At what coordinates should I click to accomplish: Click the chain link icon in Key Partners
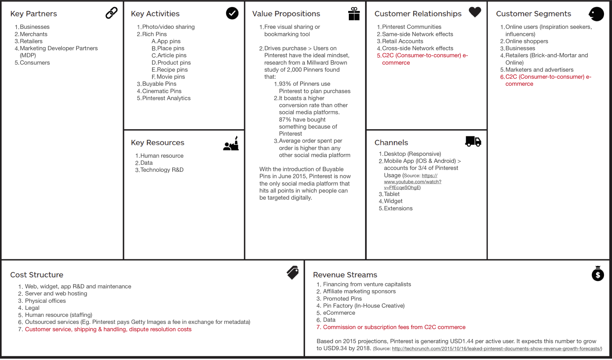(x=111, y=13)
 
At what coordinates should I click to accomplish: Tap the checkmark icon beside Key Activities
(x=232, y=13)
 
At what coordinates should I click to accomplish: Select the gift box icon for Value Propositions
(x=354, y=14)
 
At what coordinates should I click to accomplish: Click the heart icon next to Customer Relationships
(x=475, y=12)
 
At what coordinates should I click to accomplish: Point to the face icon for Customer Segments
(x=596, y=14)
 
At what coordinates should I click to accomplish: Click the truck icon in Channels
(x=473, y=141)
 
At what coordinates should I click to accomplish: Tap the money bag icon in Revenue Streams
(x=598, y=274)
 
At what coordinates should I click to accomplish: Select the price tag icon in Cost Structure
(x=293, y=273)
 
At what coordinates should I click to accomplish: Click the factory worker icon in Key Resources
(x=231, y=144)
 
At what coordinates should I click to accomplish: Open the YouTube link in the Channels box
(x=412, y=181)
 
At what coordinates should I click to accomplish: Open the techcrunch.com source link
(x=497, y=348)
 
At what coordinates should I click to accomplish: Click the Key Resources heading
(x=158, y=142)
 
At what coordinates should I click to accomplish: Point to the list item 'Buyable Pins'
(x=159, y=84)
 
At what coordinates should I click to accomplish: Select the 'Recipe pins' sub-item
(x=172, y=70)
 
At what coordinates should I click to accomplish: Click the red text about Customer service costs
(x=108, y=329)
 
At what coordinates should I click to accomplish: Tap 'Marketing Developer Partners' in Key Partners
(x=59, y=48)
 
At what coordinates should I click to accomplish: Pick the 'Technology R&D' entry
(x=162, y=170)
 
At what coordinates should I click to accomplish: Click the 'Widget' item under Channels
(x=393, y=201)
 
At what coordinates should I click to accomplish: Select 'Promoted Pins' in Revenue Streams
(x=342, y=299)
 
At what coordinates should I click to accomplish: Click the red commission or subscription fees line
(x=394, y=327)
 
